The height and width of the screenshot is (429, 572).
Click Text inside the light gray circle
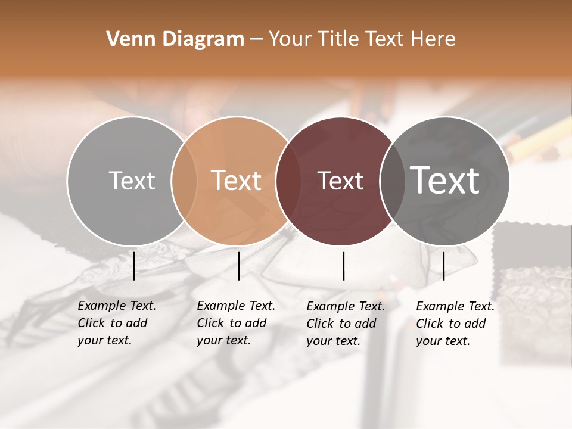pyautogui.click(x=132, y=181)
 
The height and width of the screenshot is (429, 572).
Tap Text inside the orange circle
pyautogui.click(x=237, y=181)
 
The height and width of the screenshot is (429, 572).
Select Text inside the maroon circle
pyautogui.click(x=341, y=181)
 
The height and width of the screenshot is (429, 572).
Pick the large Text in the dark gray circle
pyautogui.click(x=445, y=180)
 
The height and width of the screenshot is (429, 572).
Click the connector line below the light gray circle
pyautogui.click(x=133, y=266)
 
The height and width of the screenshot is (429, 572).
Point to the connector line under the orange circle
pyautogui.click(x=238, y=266)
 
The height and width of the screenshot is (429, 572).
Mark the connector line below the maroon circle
pyautogui.click(x=344, y=266)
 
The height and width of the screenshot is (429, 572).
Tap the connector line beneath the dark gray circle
pyautogui.click(x=443, y=266)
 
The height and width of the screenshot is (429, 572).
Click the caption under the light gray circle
pyautogui.click(x=116, y=323)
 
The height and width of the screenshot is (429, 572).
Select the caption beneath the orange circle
pyautogui.click(x=235, y=323)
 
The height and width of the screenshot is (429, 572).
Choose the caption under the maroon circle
pyautogui.click(x=345, y=324)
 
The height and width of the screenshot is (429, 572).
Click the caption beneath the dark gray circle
pyautogui.click(x=455, y=324)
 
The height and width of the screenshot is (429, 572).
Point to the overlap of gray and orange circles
pyautogui.click(x=184, y=181)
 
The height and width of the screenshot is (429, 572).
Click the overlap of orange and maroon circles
pyautogui.click(x=284, y=181)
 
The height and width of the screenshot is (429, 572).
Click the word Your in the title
pyautogui.click(x=288, y=39)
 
